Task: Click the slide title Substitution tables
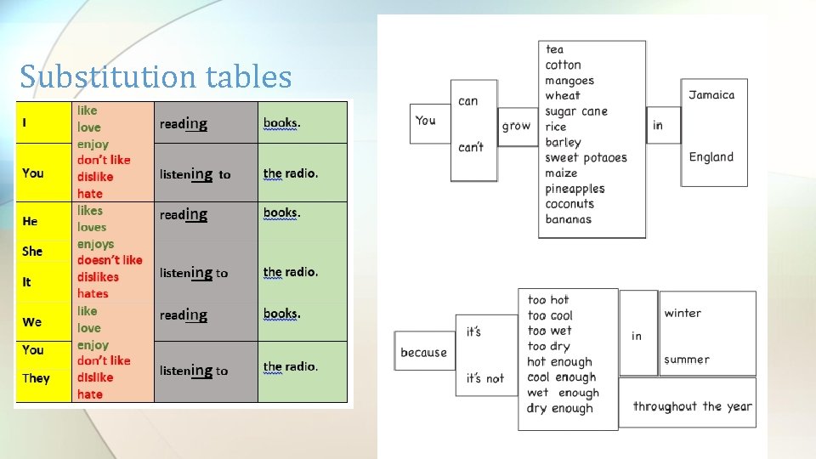(x=156, y=77)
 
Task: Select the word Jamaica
(x=711, y=95)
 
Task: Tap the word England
(x=711, y=157)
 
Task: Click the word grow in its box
(x=516, y=126)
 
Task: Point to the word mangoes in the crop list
(x=569, y=81)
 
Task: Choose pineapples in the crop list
(x=575, y=189)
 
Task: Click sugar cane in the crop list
(x=576, y=111)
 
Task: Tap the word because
(x=423, y=352)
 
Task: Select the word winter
(x=683, y=313)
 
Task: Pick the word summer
(x=687, y=360)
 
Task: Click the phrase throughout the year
(x=692, y=406)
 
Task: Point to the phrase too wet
(x=549, y=331)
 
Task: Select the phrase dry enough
(x=560, y=408)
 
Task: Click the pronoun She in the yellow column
(x=32, y=251)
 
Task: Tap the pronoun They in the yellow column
(x=36, y=378)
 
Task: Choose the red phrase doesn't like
(x=110, y=260)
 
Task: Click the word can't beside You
(x=470, y=147)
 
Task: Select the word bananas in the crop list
(x=568, y=219)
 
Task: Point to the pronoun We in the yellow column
(x=32, y=322)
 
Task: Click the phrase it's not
(x=484, y=378)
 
